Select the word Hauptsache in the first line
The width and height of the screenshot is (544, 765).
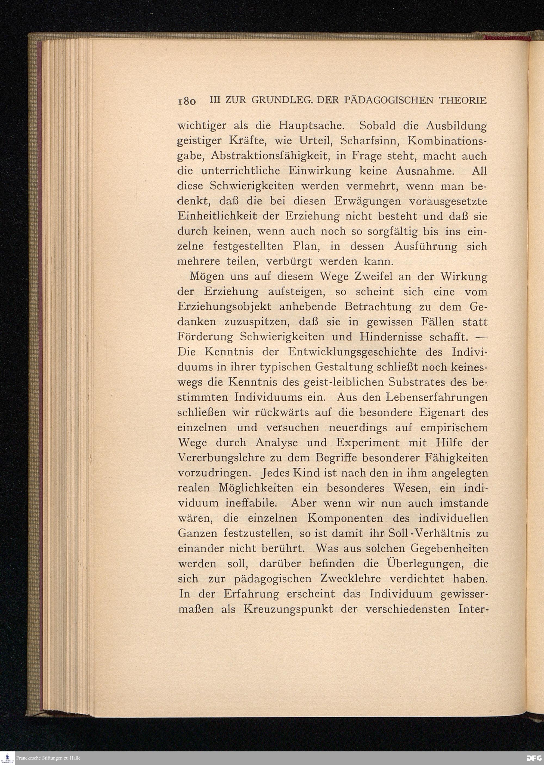[x=311, y=126]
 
